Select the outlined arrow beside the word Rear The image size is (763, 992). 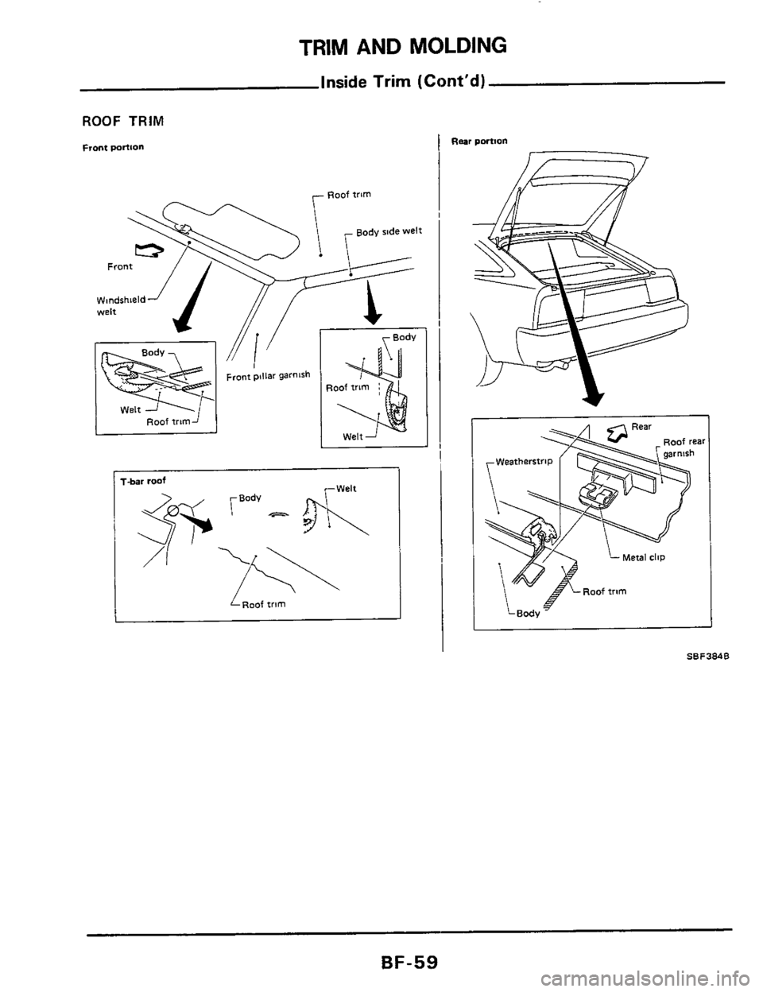click(x=617, y=433)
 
